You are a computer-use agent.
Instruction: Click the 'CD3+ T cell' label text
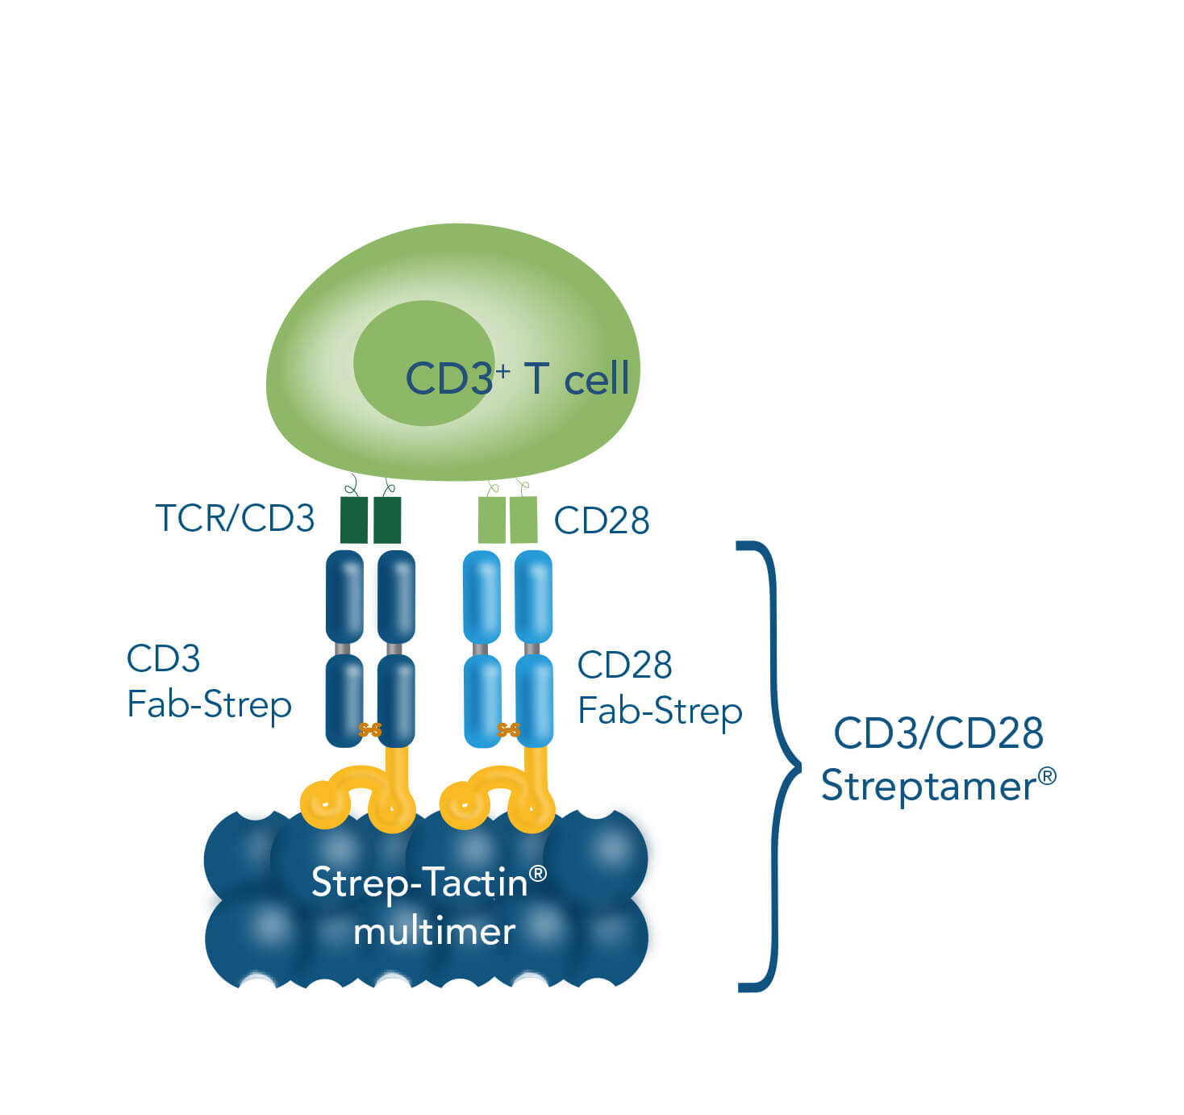[x=517, y=378]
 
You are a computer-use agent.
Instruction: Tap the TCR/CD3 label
[x=235, y=518]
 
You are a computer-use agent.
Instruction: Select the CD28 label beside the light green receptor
[x=602, y=520]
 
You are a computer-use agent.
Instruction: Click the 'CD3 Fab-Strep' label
[x=209, y=682]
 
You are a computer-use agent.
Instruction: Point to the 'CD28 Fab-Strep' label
[x=660, y=687]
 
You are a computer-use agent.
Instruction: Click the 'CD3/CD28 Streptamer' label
[x=938, y=758]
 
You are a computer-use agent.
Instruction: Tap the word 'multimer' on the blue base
[x=434, y=932]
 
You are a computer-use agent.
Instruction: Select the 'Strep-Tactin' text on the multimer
[x=419, y=882]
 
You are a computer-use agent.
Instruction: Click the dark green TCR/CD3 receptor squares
[x=371, y=520]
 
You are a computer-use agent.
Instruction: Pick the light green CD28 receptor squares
[x=507, y=520]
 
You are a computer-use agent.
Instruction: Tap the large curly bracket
[x=770, y=766]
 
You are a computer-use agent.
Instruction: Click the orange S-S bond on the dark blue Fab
[x=370, y=730]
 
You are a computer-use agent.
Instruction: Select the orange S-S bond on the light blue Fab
[x=509, y=730]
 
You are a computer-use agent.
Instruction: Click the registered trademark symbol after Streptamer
[x=1046, y=776]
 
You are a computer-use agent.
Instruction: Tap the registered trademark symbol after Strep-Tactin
[x=537, y=873]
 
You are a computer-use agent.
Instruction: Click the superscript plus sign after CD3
[x=502, y=370]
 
